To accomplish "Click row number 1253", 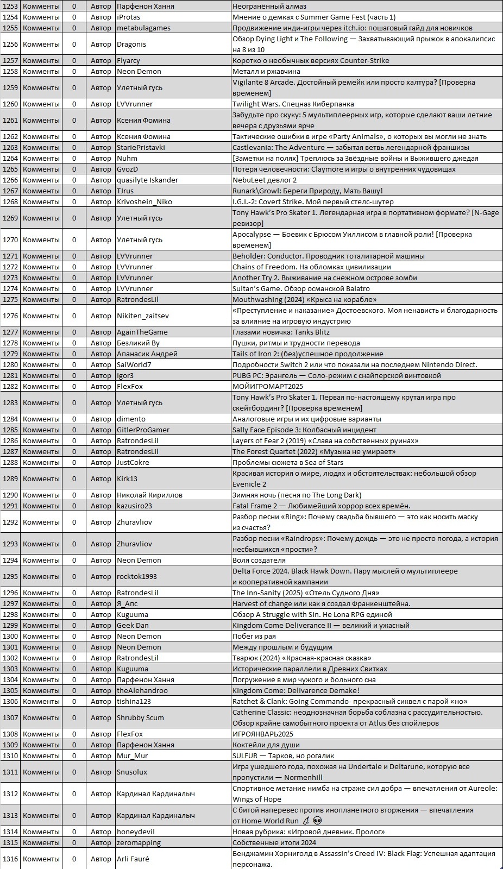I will tap(10, 6).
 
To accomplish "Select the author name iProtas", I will tap(129, 17).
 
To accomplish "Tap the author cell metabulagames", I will tap(143, 28).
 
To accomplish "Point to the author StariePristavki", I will tap(141, 147).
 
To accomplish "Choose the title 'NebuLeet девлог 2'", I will tap(265, 180).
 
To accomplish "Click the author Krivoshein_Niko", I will tap(144, 201).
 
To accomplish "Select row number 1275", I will tap(10, 299).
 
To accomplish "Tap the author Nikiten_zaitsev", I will tap(142, 316).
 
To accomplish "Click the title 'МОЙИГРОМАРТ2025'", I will tap(268, 386).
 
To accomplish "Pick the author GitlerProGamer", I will tap(143, 430).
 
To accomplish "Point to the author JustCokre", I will tap(133, 462).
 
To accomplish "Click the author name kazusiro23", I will tap(134, 506).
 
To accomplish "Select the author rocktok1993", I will tap(136, 576).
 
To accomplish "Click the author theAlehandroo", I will tap(142, 690).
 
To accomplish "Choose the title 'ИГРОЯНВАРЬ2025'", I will tap(263, 734).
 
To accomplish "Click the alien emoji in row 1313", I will tap(318, 821).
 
